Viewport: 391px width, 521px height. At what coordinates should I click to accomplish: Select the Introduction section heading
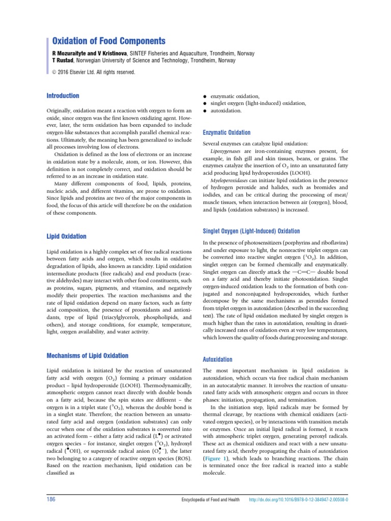coord(63,96)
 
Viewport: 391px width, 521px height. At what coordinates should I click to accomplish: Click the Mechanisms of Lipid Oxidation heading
coord(87,356)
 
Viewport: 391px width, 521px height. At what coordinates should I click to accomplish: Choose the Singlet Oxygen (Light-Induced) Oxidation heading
coord(251,231)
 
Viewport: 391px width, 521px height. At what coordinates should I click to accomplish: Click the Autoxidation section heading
coord(217,359)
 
